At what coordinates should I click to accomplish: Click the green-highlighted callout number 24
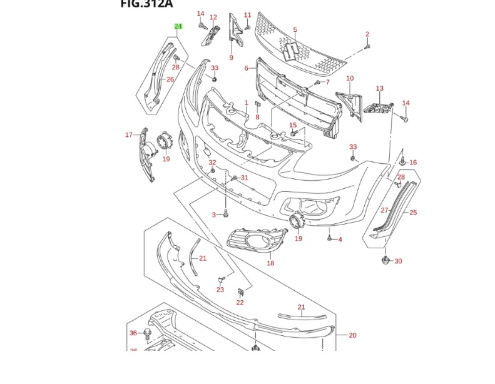coord(178,26)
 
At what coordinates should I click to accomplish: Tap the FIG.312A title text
coord(146,4)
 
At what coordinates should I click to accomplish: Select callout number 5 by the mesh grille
coord(295,29)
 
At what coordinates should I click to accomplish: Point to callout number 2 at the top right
coord(367,34)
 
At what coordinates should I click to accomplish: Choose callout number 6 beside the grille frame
coord(247,68)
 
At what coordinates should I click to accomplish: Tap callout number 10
coord(350,78)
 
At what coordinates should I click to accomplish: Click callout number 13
coord(379,89)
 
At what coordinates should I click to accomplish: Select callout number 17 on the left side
coord(129,134)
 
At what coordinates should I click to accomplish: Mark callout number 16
coord(413,163)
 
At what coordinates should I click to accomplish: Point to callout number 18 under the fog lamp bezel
coord(270,263)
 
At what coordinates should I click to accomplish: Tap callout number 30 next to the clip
coord(398,261)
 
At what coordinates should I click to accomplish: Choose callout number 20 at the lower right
coord(352,335)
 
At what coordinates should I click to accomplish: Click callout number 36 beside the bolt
coord(133,333)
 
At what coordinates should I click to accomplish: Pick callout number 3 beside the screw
coord(213,215)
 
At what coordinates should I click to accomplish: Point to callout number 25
coord(413,213)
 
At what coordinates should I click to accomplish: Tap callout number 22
coord(240,303)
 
